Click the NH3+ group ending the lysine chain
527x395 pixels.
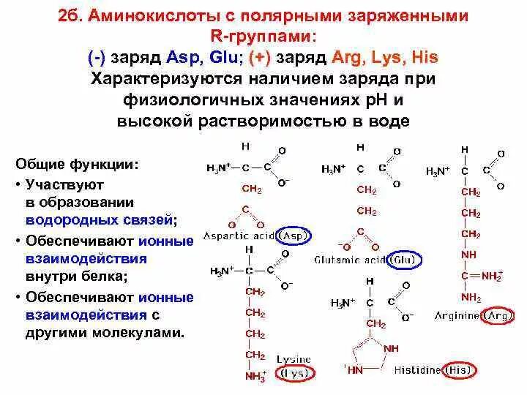tap(255, 377)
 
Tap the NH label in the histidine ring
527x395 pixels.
tap(393, 349)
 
